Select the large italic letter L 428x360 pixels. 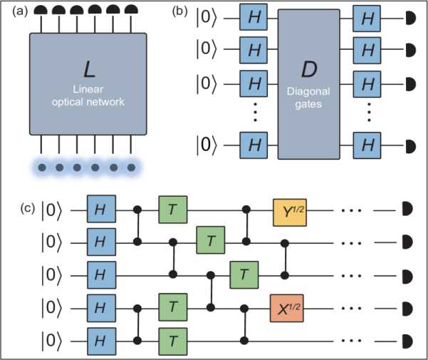pyautogui.click(x=88, y=69)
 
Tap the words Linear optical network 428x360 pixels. pyautogui.click(x=88, y=95)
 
